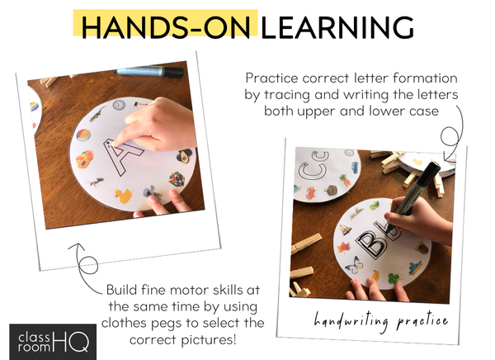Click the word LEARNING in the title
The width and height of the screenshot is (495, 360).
[x=337, y=27]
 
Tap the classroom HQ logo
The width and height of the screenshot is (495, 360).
[x=53, y=342]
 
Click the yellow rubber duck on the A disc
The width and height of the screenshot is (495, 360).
[x=123, y=196]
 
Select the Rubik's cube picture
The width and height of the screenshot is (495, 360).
[x=177, y=179]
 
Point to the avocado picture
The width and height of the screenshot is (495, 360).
[x=184, y=156]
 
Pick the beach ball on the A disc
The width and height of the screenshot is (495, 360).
[x=83, y=135]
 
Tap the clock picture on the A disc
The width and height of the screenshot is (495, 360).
[x=119, y=105]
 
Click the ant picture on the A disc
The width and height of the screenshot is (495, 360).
[x=96, y=182]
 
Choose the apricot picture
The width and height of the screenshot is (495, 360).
[x=85, y=159]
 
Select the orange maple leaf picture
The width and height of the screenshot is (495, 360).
[x=343, y=248]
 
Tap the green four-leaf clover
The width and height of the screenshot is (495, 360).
[x=393, y=278]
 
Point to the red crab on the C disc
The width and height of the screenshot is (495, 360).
[x=312, y=192]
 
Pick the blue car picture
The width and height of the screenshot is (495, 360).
[x=355, y=166]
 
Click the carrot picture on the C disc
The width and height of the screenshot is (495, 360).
[x=344, y=181]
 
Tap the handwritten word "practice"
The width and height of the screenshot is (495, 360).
[x=422, y=321]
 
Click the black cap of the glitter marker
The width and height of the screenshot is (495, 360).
[x=173, y=73]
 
